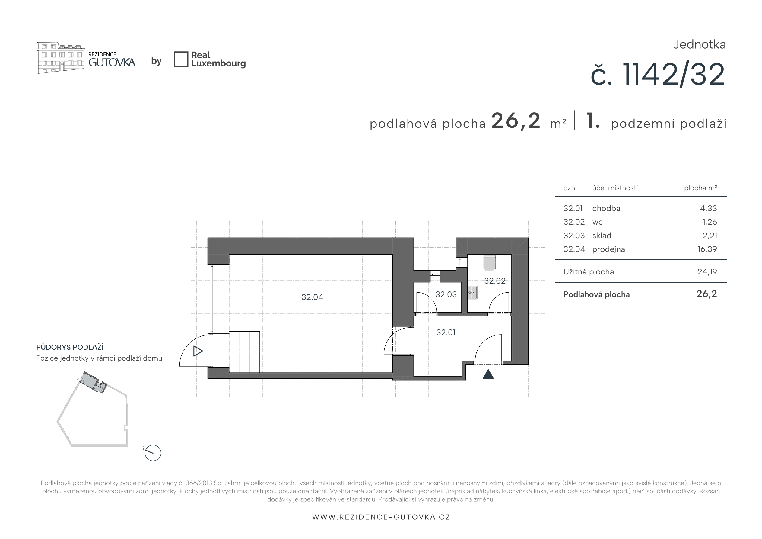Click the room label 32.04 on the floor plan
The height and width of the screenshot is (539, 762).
[x=312, y=297]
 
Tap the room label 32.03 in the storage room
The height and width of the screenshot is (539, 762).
[x=446, y=294]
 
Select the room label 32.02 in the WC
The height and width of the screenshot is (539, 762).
[x=495, y=281]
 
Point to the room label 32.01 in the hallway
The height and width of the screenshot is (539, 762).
[x=446, y=332]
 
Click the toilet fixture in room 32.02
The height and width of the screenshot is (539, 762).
[x=490, y=263]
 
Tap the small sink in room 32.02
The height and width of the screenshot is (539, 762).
[x=473, y=292]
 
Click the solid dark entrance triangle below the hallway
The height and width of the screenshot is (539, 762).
[x=488, y=374]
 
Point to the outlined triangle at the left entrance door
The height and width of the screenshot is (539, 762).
[x=198, y=351]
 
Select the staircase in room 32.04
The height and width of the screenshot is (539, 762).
[x=244, y=351]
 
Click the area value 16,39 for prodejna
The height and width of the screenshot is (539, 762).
[x=707, y=249]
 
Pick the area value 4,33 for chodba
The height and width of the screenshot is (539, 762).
[x=708, y=208]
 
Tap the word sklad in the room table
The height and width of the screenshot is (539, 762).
[x=602, y=236]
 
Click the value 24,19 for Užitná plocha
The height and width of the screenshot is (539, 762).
[x=707, y=272]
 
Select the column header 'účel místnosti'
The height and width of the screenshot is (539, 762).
[x=615, y=188]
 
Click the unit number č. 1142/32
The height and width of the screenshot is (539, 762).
[x=658, y=75]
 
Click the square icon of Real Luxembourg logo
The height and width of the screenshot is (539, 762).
[x=181, y=59]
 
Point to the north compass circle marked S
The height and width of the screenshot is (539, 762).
[x=153, y=453]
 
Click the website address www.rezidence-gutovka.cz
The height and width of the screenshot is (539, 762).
[x=381, y=517]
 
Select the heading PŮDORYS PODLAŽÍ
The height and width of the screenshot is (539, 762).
[x=70, y=347]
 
